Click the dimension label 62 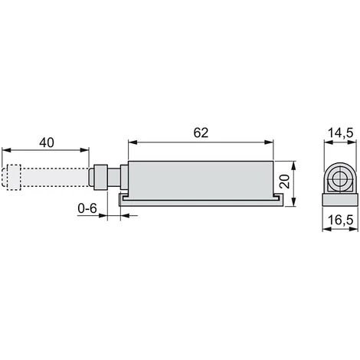pos(201,133)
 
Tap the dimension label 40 pos(47,142)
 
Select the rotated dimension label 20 pos(284,182)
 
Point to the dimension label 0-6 pos(87,208)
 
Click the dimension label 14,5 pos(340,133)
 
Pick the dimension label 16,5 pos(340,220)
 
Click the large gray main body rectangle pos(201,181)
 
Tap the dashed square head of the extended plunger pos(14,178)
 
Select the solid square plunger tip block pos(100,178)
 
